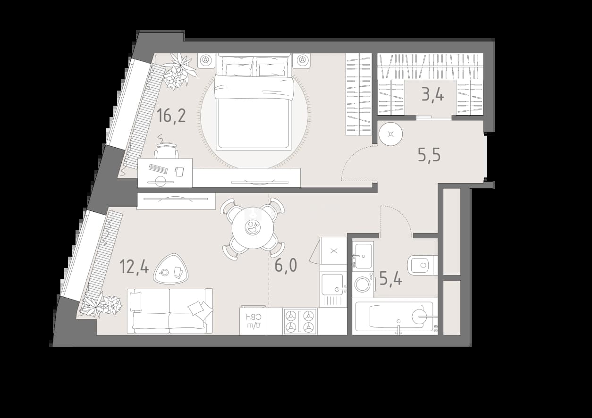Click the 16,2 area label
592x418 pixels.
pyautogui.click(x=171, y=116)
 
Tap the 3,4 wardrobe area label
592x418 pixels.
pyautogui.click(x=432, y=95)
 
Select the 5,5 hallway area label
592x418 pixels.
pyautogui.click(x=429, y=155)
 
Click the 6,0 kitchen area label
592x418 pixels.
pyautogui.click(x=286, y=265)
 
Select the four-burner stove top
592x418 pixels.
pyautogui.click(x=300, y=321)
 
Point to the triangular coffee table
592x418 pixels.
pyautogui.click(x=171, y=268)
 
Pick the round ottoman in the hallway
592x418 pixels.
pyautogui.click(x=390, y=134)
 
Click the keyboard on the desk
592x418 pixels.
pyautogui.click(x=158, y=169)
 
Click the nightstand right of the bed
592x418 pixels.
pyautogui.click(x=302, y=60)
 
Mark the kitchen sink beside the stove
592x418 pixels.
pyautogui.click(x=333, y=284)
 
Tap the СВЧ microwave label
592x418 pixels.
pyautogui.click(x=254, y=317)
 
